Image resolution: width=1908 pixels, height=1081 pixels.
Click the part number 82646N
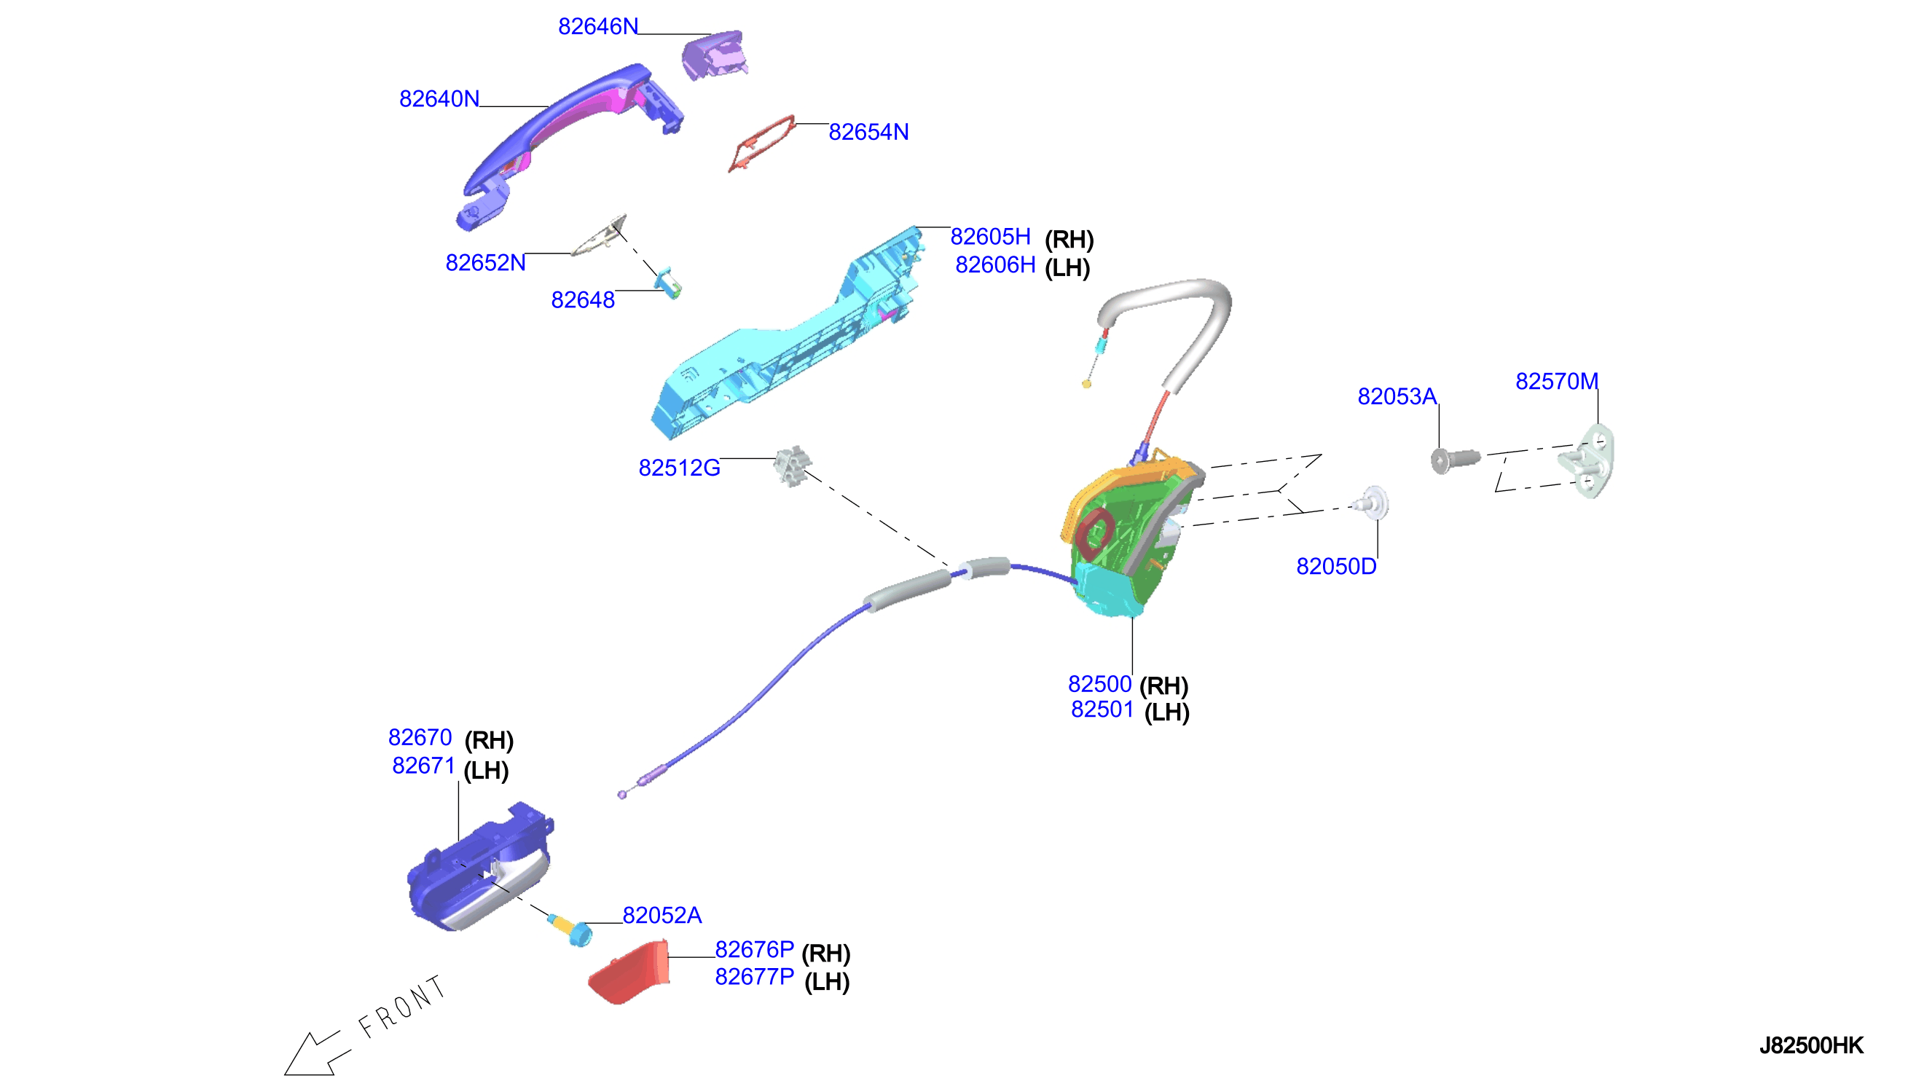pos(597,27)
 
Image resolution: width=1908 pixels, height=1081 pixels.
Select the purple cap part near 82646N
pos(713,55)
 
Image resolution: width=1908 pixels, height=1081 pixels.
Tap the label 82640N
pos(439,99)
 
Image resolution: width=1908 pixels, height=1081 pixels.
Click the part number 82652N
pos(484,263)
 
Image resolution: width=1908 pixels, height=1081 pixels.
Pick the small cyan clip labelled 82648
pos(667,283)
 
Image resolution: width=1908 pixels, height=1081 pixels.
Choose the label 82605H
pos(990,237)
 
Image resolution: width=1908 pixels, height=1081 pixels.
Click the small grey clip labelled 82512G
pos(792,466)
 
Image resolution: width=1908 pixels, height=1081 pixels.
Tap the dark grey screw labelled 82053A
pos(1454,460)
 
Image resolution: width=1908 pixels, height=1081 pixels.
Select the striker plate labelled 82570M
pos(1587,461)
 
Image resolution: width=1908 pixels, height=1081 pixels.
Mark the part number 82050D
pos(1335,567)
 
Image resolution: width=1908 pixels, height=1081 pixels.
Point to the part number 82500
pos(1099,684)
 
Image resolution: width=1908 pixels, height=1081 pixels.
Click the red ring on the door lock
pos(1094,534)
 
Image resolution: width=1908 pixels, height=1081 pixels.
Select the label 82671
pos(423,766)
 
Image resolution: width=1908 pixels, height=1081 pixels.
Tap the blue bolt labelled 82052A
pos(570,929)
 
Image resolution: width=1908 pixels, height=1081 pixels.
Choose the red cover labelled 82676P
pos(629,973)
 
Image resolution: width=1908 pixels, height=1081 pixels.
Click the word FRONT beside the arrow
pos(401,1006)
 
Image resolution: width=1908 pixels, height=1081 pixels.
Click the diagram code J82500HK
pos(1811,1045)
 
